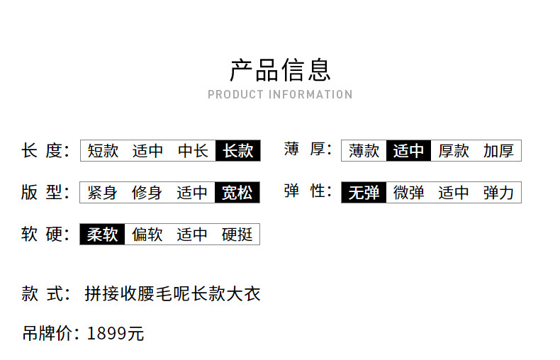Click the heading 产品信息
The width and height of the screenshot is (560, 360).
point(281,70)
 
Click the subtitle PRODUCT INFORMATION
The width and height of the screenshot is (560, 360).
point(281,95)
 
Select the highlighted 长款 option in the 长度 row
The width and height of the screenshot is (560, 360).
point(238,151)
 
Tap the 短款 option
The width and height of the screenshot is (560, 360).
point(103,151)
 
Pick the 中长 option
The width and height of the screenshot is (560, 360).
point(193,151)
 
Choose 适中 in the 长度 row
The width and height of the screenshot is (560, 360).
point(148,151)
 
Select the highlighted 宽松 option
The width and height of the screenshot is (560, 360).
point(237,193)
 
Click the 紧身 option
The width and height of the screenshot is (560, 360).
point(102,193)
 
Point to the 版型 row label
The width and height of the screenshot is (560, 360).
point(45,192)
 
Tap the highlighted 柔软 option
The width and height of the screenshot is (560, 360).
point(102,235)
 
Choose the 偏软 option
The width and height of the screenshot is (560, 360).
point(147,235)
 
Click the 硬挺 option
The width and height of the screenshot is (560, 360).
point(237,235)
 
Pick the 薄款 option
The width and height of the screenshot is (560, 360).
point(364,151)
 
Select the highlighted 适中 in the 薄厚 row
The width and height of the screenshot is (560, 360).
point(408,151)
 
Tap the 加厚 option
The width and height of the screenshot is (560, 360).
point(498,151)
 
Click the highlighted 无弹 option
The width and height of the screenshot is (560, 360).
point(364,193)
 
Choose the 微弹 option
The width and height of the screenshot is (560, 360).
point(408,193)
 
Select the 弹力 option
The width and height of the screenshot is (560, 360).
point(498,193)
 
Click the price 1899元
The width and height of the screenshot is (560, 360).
point(116,333)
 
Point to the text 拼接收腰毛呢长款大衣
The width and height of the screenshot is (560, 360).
point(172,293)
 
